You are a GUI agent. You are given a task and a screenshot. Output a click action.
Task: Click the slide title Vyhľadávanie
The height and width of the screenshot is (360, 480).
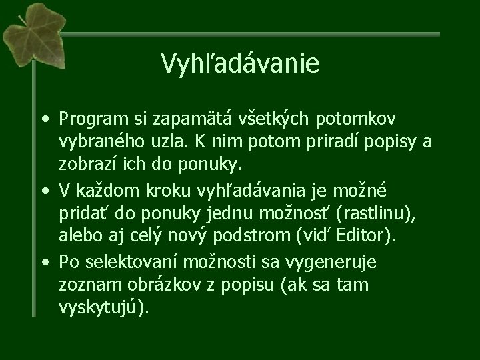(240, 64)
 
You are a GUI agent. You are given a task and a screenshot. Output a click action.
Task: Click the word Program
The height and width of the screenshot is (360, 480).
(89, 120)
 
